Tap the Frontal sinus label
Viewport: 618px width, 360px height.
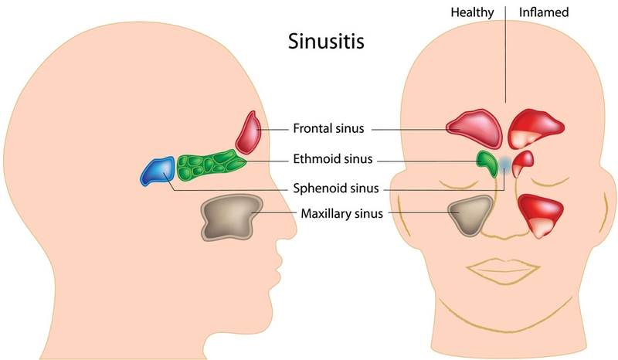click(x=329, y=128)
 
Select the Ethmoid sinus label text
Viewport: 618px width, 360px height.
click(x=332, y=160)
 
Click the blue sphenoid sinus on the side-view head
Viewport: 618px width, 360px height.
click(x=158, y=171)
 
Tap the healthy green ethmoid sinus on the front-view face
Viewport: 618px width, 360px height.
click(x=487, y=161)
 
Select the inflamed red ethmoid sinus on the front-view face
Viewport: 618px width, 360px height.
click(x=523, y=162)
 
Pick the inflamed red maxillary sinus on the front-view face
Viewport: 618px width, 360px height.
click(x=541, y=213)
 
